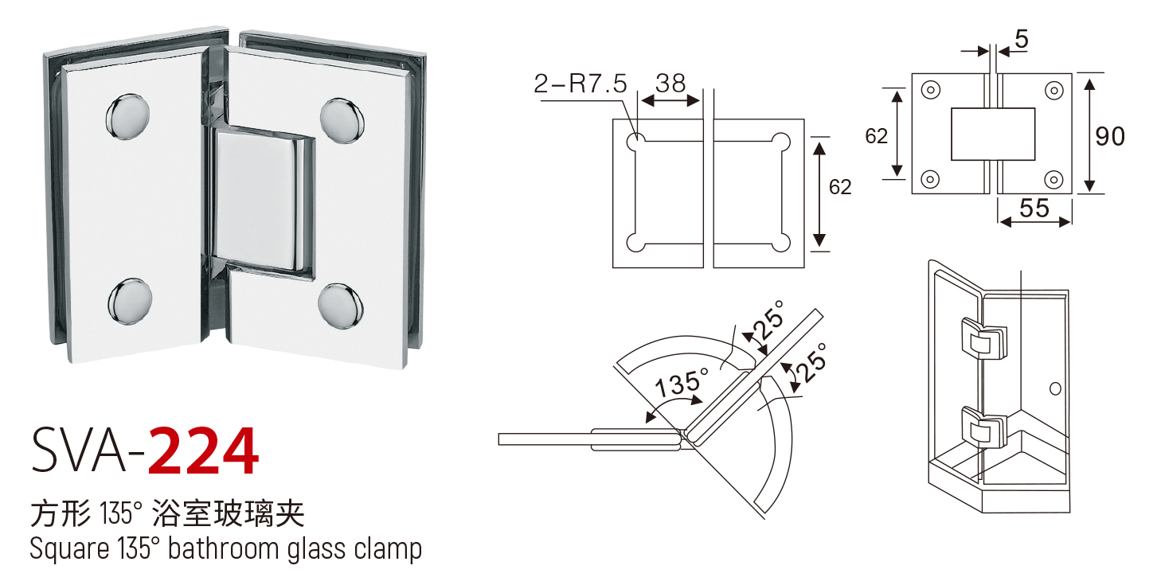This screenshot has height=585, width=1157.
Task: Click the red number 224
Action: [x=203, y=450]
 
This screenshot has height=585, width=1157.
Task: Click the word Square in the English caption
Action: [x=69, y=549]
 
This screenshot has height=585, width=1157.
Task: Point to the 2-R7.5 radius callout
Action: [x=580, y=83]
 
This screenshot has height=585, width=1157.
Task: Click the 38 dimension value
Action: [x=670, y=83]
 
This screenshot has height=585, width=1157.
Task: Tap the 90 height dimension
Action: [x=1110, y=136]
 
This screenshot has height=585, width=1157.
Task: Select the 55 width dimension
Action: [x=1034, y=208]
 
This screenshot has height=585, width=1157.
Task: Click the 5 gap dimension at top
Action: [x=1022, y=39]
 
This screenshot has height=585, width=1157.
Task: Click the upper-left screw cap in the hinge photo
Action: [x=127, y=116]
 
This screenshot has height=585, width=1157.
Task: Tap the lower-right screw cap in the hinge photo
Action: [x=340, y=306]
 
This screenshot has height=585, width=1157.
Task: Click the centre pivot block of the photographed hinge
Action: [x=263, y=202]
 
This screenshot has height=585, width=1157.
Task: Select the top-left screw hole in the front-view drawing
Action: [x=931, y=90]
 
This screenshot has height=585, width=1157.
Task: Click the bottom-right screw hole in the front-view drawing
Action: [x=1053, y=179]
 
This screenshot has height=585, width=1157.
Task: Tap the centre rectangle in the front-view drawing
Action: [x=993, y=134]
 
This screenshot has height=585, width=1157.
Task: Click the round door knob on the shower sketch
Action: [x=1055, y=388]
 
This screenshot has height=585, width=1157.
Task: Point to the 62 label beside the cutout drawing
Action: [x=840, y=187]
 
